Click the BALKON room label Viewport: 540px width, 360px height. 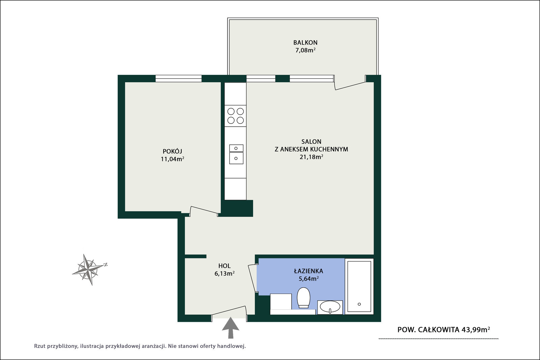click(x=305, y=43)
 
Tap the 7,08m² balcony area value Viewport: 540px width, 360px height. click(x=305, y=50)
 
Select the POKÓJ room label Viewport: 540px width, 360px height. click(x=172, y=151)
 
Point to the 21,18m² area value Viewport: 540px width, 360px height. click(x=311, y=157)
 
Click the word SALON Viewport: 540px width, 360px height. click(x=311, y=141)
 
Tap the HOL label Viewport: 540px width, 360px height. click(x=224, y=266)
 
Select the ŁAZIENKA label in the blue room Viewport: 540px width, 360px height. click(x=308, y=271)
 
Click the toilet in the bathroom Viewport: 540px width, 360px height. click(x=303, y=298)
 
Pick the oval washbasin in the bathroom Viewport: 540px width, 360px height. click(x=330, y=307)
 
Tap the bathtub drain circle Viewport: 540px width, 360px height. click(x=359, y=304)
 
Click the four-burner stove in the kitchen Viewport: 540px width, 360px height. click(x=235, y=116)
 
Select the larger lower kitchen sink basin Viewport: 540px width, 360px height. click(x=236, y=158)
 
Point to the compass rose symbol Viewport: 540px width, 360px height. click(x=89, y=269)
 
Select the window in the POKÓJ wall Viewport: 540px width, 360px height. click(x=179, y=79)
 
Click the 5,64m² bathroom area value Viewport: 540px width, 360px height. click(x=308, y=279)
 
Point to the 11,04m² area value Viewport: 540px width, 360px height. click(x=172, y=159)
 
